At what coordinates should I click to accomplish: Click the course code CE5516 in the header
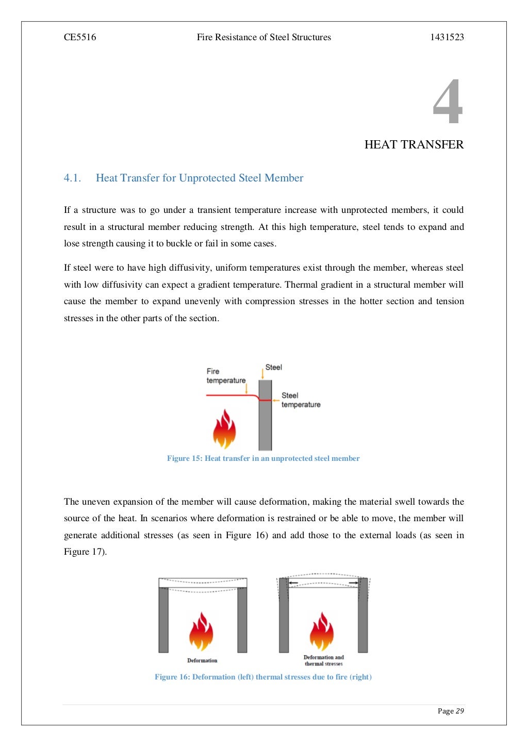(x=80, y=37)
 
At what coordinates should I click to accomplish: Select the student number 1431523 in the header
(x=447, y=37)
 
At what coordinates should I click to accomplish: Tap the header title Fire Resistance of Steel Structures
(x=263, y=37)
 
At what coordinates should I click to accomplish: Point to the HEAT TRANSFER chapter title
(x=414, y=144)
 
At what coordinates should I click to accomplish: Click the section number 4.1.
(x=72, y=178)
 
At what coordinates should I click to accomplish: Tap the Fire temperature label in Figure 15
(x=226, y=376)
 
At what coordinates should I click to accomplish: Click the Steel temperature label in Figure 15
(x=300, y=400)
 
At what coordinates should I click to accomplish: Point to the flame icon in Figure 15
(x=224, y=429)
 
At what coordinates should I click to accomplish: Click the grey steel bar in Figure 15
(x=265, y=423)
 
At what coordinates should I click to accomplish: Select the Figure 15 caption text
(x=263, y=458)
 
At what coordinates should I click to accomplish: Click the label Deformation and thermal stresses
(x=323, y=660)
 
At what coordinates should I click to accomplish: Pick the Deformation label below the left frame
(x=202, y=660)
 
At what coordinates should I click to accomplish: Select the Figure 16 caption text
(x=263, y=677)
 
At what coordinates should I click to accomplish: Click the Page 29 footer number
(x=451, y=711)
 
